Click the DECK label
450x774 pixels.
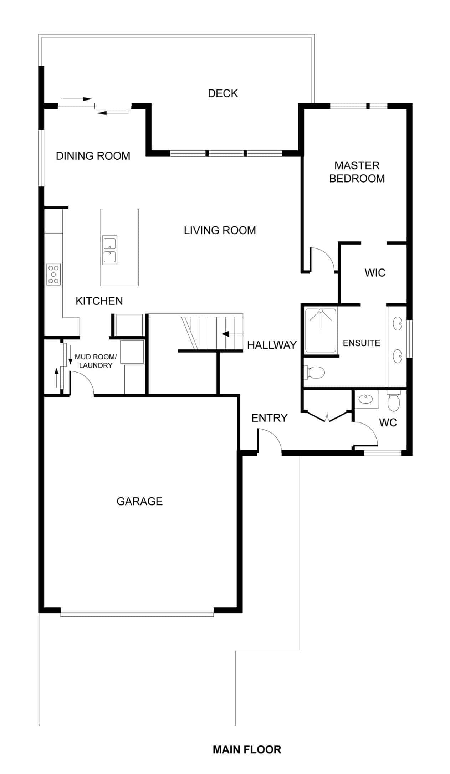pyautogui.click(x=223, y=93)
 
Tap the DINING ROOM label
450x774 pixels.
pyautogui.click(x=93, y=156)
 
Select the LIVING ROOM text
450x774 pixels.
pyautogui.click(x=220, y=230)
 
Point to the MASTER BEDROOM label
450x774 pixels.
pyautogui.click(x=357, y=172)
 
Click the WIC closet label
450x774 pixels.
pyautogui.click(x=375, y=273)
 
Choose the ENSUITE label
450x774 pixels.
pyautogui.click(x=362, y=343)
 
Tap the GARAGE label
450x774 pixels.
pyautogui.click(x=139, y=501)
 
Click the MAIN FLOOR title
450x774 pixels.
pyautogui.click(x=247, y=749)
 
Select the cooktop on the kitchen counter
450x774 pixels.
pyautogui.click(x=53, y=275)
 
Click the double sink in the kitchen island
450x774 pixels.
pyautogui.click(x=110, y=250)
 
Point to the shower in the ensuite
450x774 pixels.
pyautogui.click(x=321, y=330)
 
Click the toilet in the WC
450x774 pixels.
pyautogui.click(x=393, y=402)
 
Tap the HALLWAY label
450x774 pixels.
pyautogui.click(x=272, y=345)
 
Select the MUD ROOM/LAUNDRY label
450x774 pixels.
pyautogui.click(x=96, y=361)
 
